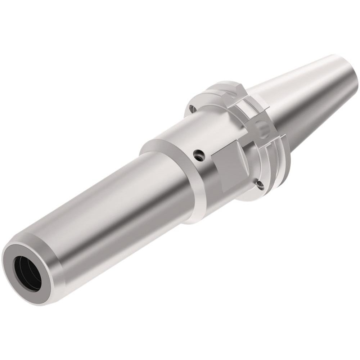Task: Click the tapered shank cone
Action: coord(306,94)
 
